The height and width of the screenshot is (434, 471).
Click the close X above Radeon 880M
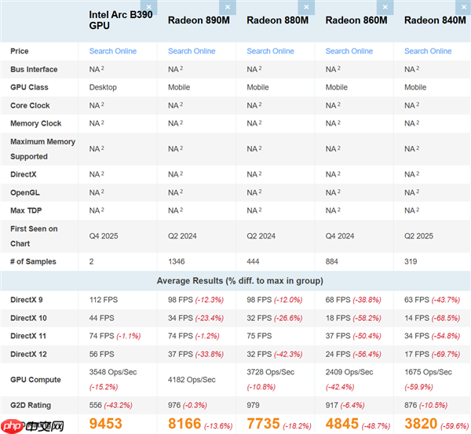(x=306, y=7)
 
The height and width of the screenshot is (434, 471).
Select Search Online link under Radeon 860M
(x=349, y=51)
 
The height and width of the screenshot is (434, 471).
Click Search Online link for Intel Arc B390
(x=113, y=51)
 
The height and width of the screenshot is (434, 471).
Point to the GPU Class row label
(x=31, y=87)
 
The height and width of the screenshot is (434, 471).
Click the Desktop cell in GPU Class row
(x=103, y=87)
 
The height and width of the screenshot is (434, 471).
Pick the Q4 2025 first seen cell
(x=104, y=235)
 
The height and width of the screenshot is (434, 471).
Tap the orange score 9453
(x=106, y=424)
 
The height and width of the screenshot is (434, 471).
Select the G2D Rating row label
(x=31, y=405)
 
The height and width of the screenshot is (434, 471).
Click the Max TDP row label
(x=27, y=210)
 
